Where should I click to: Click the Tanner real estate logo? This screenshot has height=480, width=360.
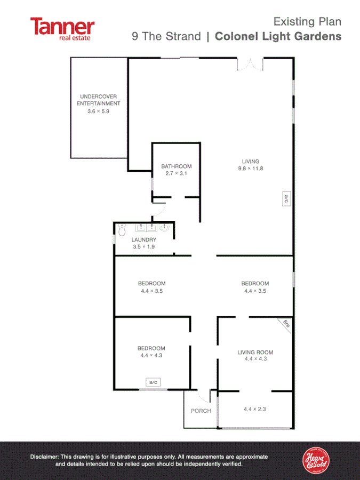pyautogui.click(x=62, y=29)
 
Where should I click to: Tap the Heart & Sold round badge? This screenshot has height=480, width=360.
pyautogui.click(x=316, y=460)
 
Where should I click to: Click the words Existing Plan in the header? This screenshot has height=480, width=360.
pyautogui.click(x=307, y=22)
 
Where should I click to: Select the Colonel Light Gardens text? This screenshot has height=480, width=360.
pyautogui.click(x=277, y=36)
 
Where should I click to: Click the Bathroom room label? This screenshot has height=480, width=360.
pyautogui.click(x=176, y=166)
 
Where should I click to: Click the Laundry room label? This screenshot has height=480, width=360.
pyautogui.click(x=143, y=240)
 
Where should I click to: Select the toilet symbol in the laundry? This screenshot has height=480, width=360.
pyautogui.click(x=122, y=230)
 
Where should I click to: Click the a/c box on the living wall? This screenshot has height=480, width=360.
pyautogui.click(x=286, y=199)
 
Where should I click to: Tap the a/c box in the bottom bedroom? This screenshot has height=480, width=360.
pyautogui.click(x=154, y=382)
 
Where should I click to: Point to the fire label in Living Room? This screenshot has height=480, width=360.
pyautogui.click(x=286, y=323)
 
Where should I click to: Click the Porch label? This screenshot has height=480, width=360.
pyautogui.click(x=201, y=411)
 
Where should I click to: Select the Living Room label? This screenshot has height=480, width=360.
pyautogui.click(x=255, y=352)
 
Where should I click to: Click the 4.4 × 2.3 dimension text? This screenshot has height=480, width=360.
pyautogui.click(x=255, y=409)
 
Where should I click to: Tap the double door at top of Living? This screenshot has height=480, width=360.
pyautogui.click(x=250, y=64)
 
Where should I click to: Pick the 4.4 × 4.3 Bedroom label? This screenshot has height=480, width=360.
pyautogui.click(x=151, y=351)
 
